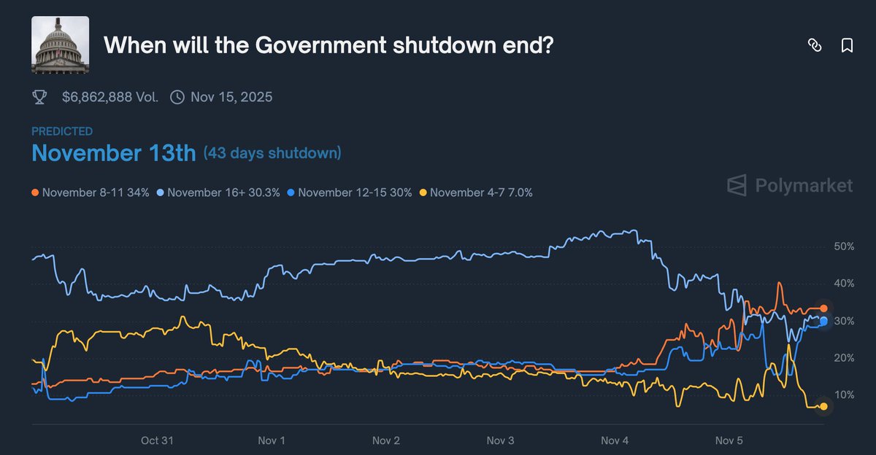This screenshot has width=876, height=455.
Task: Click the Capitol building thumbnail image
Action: click(x=60, y=45)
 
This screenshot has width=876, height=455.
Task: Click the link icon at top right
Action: click(x=815, y=46)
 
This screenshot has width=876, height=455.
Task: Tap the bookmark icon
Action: click(x=847, y=46)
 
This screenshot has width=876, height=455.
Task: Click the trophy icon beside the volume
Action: click(x=40, y=97)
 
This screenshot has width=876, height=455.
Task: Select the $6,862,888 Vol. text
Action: click(x=109, y=97)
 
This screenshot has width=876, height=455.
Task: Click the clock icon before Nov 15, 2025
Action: click(x=177, y=97)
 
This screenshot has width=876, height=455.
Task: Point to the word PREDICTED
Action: click(x=62, y=131)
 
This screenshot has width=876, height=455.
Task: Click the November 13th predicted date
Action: click(x=114, y=154)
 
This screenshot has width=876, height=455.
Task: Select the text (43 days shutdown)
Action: click(x=272, y=154)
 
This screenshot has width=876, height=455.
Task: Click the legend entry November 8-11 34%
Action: click(x=91, y=192)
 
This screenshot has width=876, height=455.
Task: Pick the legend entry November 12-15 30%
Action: click(x=350, y=192)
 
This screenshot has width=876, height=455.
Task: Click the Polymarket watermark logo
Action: click(x=790, y=186)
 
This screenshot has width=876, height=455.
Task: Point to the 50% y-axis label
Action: click(x=843, y=247)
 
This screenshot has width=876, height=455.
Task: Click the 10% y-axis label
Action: click(x=843, y=395)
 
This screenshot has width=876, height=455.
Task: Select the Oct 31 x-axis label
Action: click(x=157, y=440)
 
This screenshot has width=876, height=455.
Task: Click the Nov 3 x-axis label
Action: click(x=500, y=440)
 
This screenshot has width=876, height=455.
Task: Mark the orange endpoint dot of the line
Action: click(x=823, y=308)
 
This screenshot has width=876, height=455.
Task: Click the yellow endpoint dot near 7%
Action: click(x=823, y=407)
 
